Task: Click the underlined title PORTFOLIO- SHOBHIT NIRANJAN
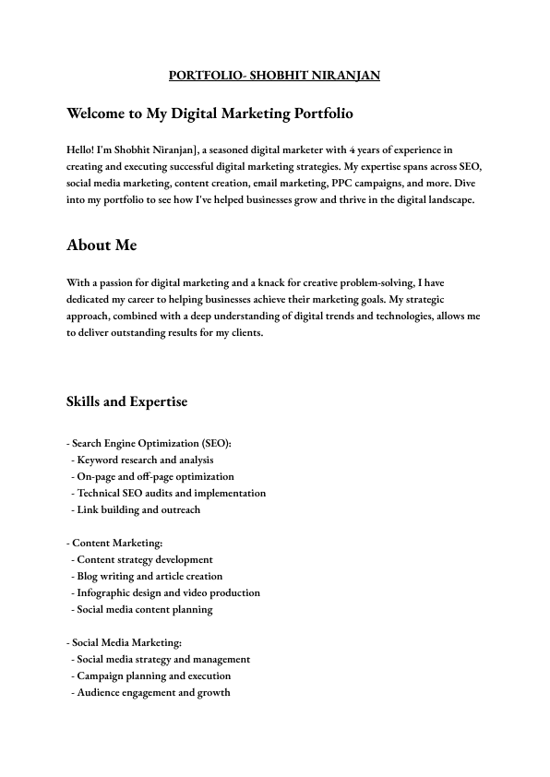275,76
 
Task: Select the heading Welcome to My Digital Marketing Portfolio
209,114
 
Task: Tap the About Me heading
102,245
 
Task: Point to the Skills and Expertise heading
126,401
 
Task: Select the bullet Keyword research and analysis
145,460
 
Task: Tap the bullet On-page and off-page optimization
155,476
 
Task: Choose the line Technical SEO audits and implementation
172,493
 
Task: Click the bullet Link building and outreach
138,509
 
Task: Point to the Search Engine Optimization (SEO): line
150,443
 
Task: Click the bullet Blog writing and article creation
149,576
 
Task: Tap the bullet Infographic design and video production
168,592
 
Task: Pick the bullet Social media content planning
145,609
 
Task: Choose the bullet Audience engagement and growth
153,692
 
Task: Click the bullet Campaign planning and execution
154,675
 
